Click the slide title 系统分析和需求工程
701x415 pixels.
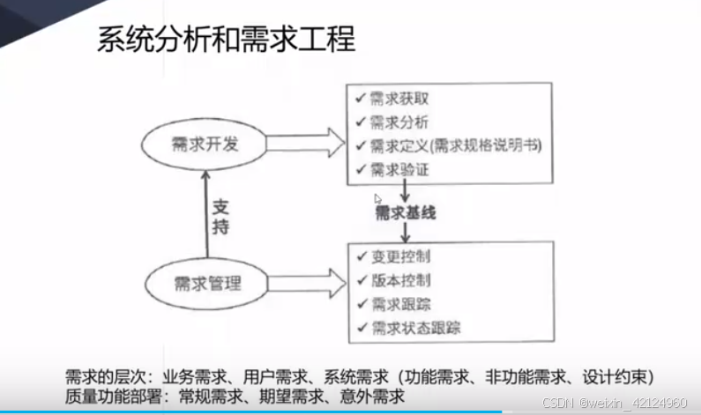coord(225,41)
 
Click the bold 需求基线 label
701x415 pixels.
coord(406,212)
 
